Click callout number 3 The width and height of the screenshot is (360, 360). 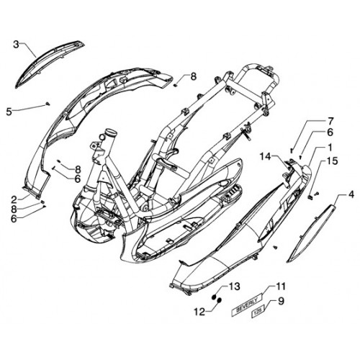[x=16, y=45]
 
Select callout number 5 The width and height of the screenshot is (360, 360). [x=9, y=112]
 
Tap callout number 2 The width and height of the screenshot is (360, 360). [x=14, y=199]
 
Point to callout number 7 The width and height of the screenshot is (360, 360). [x=330, y=122]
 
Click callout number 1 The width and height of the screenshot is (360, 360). [x=330, y=148]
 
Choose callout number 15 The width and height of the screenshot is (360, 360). [x=331, y=161]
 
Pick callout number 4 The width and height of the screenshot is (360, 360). [x=351, y=194]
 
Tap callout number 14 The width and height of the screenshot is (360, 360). [x=266, y=157]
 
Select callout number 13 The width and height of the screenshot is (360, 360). [x=234, y=286]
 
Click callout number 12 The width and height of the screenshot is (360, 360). [x=199, y=312]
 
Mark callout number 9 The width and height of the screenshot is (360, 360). [x=280, y=301]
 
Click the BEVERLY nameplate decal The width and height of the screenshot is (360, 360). [x=247, y=304]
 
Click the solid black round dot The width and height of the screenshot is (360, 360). [x=214, y=297]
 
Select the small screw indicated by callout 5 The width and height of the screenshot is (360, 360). [x=48, y=104]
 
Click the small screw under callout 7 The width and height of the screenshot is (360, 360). [x=292, y=150]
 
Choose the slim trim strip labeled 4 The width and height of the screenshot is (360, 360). [x=312, y=232]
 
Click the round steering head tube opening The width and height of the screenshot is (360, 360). [x=111, y=132]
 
